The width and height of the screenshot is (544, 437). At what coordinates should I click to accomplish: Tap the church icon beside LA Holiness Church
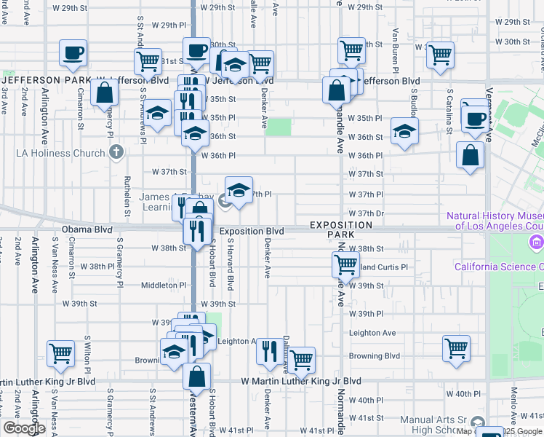click(115, 153)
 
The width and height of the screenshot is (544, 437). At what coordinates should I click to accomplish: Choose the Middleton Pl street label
click(164, 286)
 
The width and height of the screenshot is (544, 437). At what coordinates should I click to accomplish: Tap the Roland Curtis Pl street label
click(382, 267)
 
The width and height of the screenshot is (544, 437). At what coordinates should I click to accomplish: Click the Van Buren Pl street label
click(395, 48)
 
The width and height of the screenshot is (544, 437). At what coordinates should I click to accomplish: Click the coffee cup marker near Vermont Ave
click(476, 118)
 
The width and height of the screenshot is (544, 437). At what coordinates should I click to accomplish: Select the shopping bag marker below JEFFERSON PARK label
click(105, 92)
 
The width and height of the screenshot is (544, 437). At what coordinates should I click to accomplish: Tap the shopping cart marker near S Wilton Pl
click(61, 354)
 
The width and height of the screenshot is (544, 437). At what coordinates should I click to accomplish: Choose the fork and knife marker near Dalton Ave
click(269, 351)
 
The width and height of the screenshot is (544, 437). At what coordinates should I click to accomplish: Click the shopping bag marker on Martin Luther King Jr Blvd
click(196, 376)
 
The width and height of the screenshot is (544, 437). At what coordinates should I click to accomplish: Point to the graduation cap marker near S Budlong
click(405, 131)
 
